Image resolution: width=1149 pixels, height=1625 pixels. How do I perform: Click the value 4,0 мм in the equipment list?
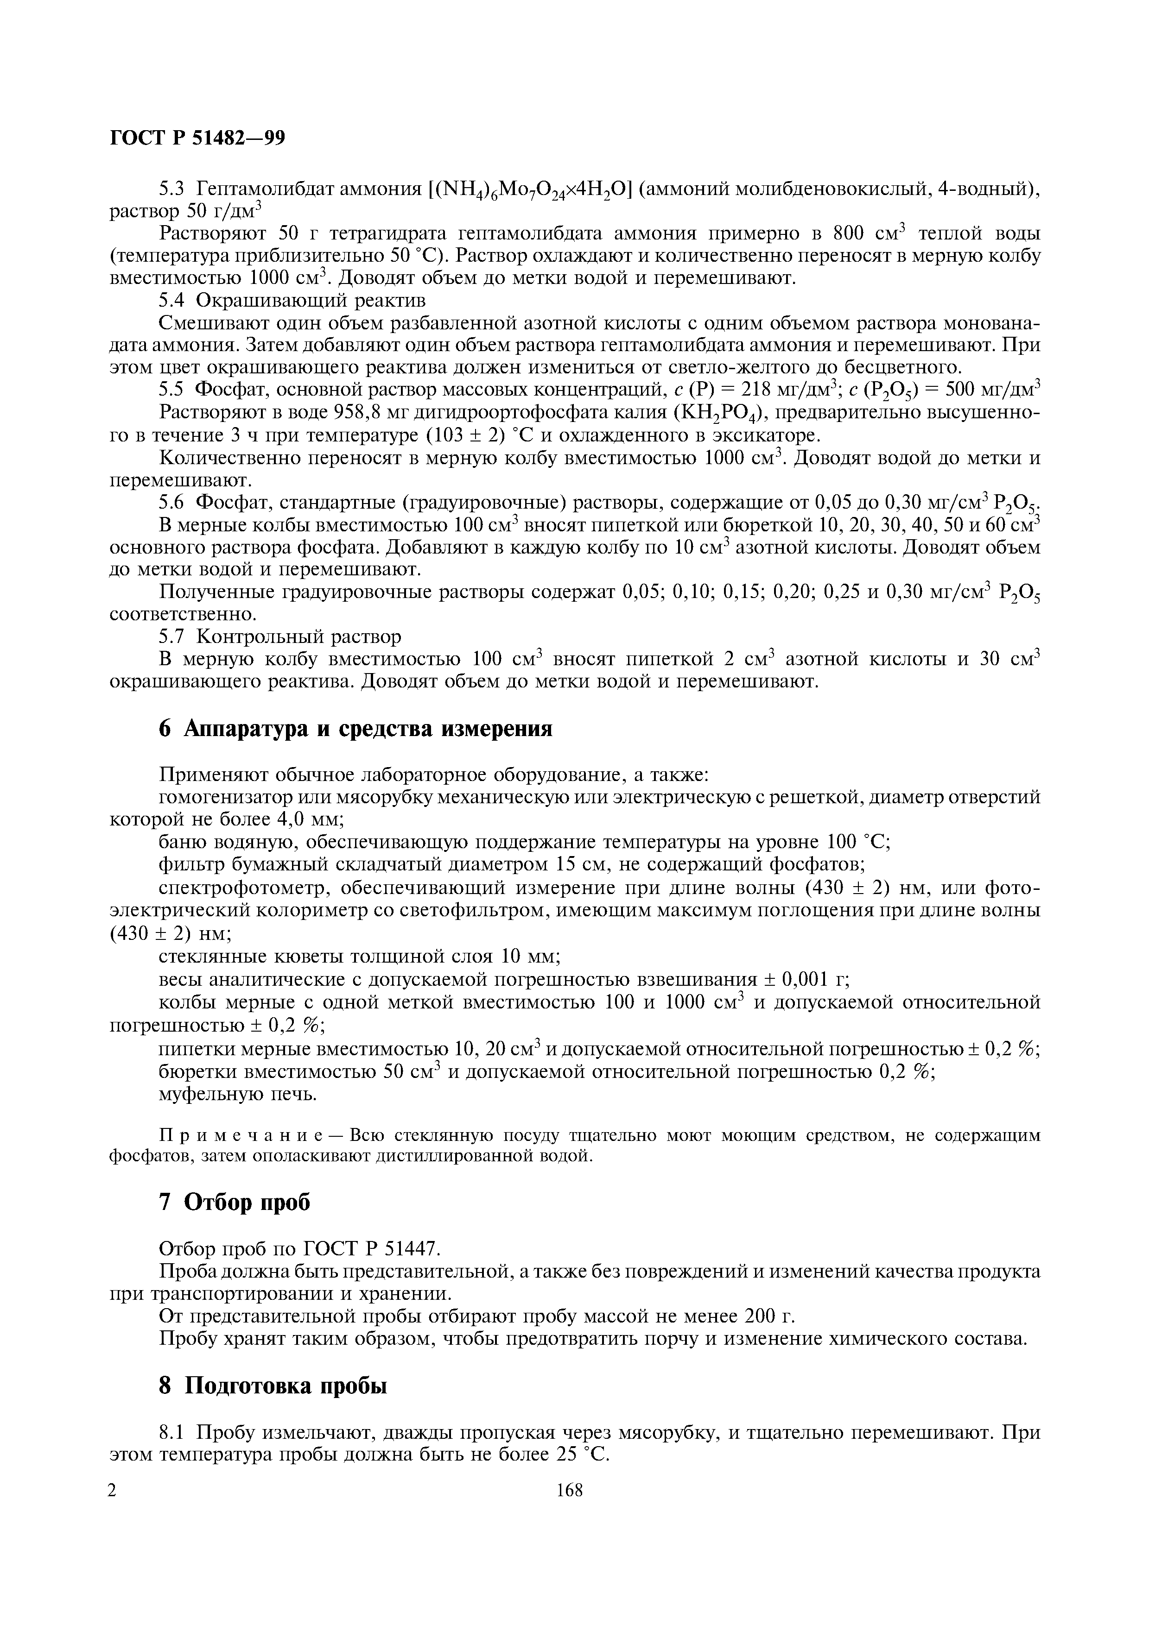pos(308,819)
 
